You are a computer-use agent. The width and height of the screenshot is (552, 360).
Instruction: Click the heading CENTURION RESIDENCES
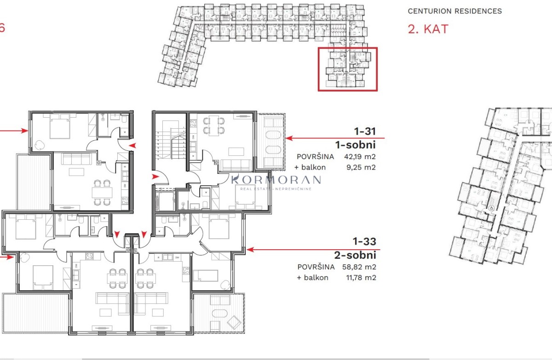(454, 11)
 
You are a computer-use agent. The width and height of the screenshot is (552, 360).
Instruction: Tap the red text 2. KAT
(428, 29)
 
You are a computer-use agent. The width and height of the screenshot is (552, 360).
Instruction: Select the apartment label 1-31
(365, 131)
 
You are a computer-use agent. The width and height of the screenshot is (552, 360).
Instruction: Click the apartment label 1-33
(364, 241)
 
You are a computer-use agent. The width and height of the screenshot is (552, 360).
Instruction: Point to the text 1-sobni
(355, 145)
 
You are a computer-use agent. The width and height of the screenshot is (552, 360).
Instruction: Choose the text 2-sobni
(355, 255)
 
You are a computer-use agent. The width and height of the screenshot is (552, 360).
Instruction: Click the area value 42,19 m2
(360, 157)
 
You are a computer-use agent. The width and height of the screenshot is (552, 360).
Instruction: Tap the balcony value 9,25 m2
(361, 167)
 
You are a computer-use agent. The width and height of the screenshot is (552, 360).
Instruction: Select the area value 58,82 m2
(359, 267)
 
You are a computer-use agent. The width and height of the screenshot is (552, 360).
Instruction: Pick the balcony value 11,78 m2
(361, 278)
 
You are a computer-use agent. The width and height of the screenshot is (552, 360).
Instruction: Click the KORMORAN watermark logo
(276, 182)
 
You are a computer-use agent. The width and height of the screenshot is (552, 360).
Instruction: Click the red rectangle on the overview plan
(348, 48)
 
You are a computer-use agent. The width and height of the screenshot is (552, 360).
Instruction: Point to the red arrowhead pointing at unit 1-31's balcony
(289, 138)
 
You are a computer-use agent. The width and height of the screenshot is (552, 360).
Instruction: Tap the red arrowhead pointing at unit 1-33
(250, 250)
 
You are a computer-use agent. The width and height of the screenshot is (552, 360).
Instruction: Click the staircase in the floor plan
(171, 143)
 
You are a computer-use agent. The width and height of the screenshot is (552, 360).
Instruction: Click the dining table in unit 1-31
(214, 126)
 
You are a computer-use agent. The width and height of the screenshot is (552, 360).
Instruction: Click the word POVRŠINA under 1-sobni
(316, 157)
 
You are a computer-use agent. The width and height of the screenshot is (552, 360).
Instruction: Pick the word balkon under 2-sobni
(316, 278)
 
